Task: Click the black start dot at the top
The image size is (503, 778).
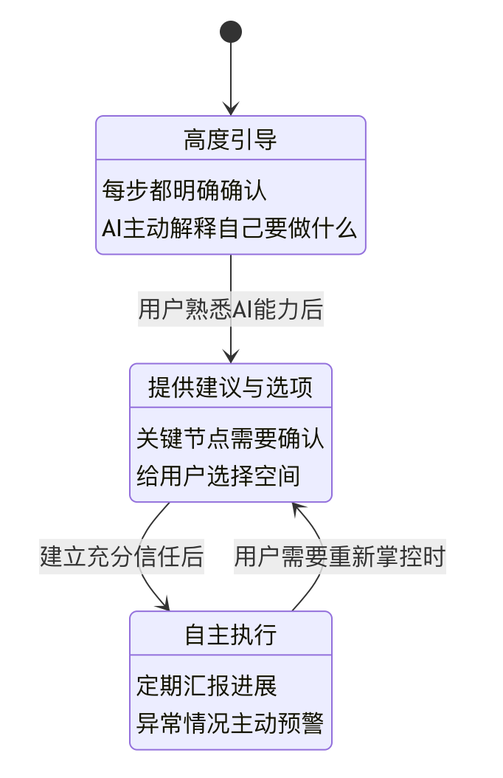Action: [x=231, y=32]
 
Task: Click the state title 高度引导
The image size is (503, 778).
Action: [x=231, y=139]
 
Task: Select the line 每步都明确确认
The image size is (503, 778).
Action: [x=184, y=191]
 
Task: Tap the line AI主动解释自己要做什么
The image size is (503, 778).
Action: [x=229, y=229]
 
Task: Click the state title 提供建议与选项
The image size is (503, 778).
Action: [x=231, y=387]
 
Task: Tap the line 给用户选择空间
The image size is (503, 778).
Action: [x=218, y=476]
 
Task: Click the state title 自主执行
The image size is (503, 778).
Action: [x=231, y=635]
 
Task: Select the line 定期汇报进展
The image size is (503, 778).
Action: [x=207, y=686]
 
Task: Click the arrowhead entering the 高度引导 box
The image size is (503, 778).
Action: [x=231, y=109]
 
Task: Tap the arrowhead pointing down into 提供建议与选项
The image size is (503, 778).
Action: [x=231, y=357]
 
